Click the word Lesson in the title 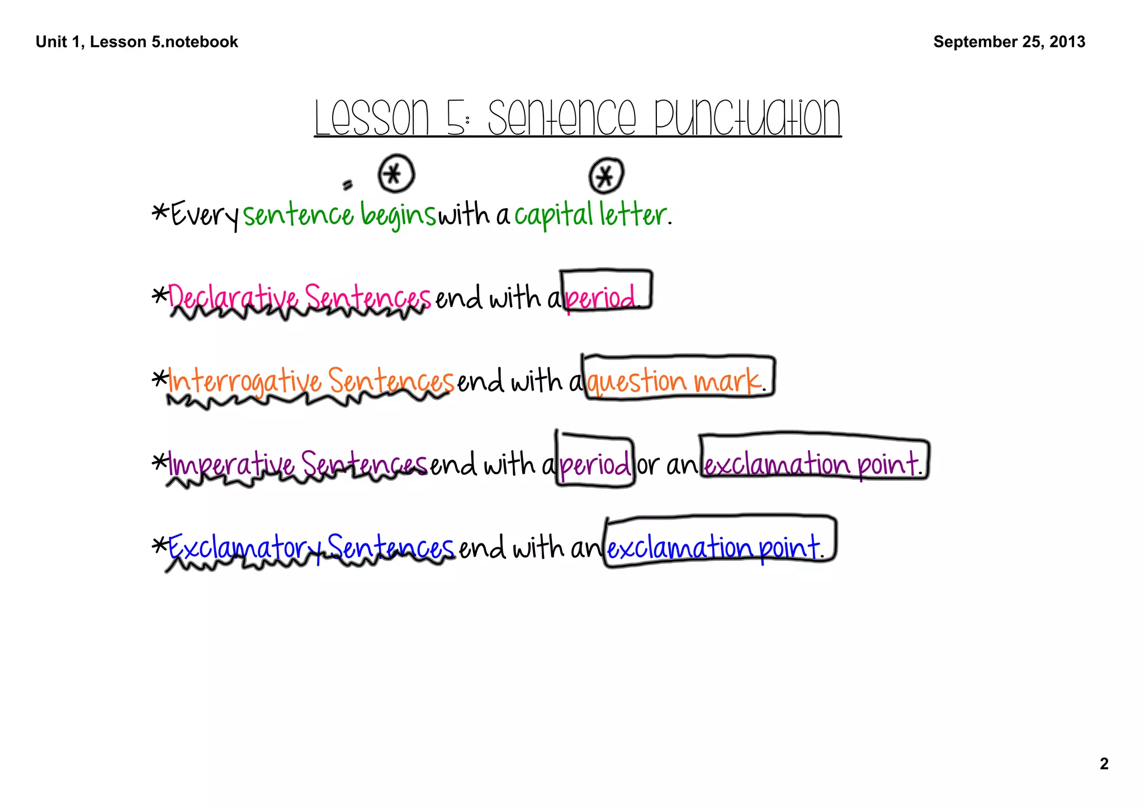pos(371,118)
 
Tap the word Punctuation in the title pos(747,118)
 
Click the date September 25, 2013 pos(1009,42)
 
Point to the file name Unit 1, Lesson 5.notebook pos(137,42)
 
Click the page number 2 pos(1104,764)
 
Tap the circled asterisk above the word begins pos(396,174)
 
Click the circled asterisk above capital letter pos(605,177)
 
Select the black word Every pos(205,215)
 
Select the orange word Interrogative pos(244,382)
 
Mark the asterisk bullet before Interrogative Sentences pos(160,379)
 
